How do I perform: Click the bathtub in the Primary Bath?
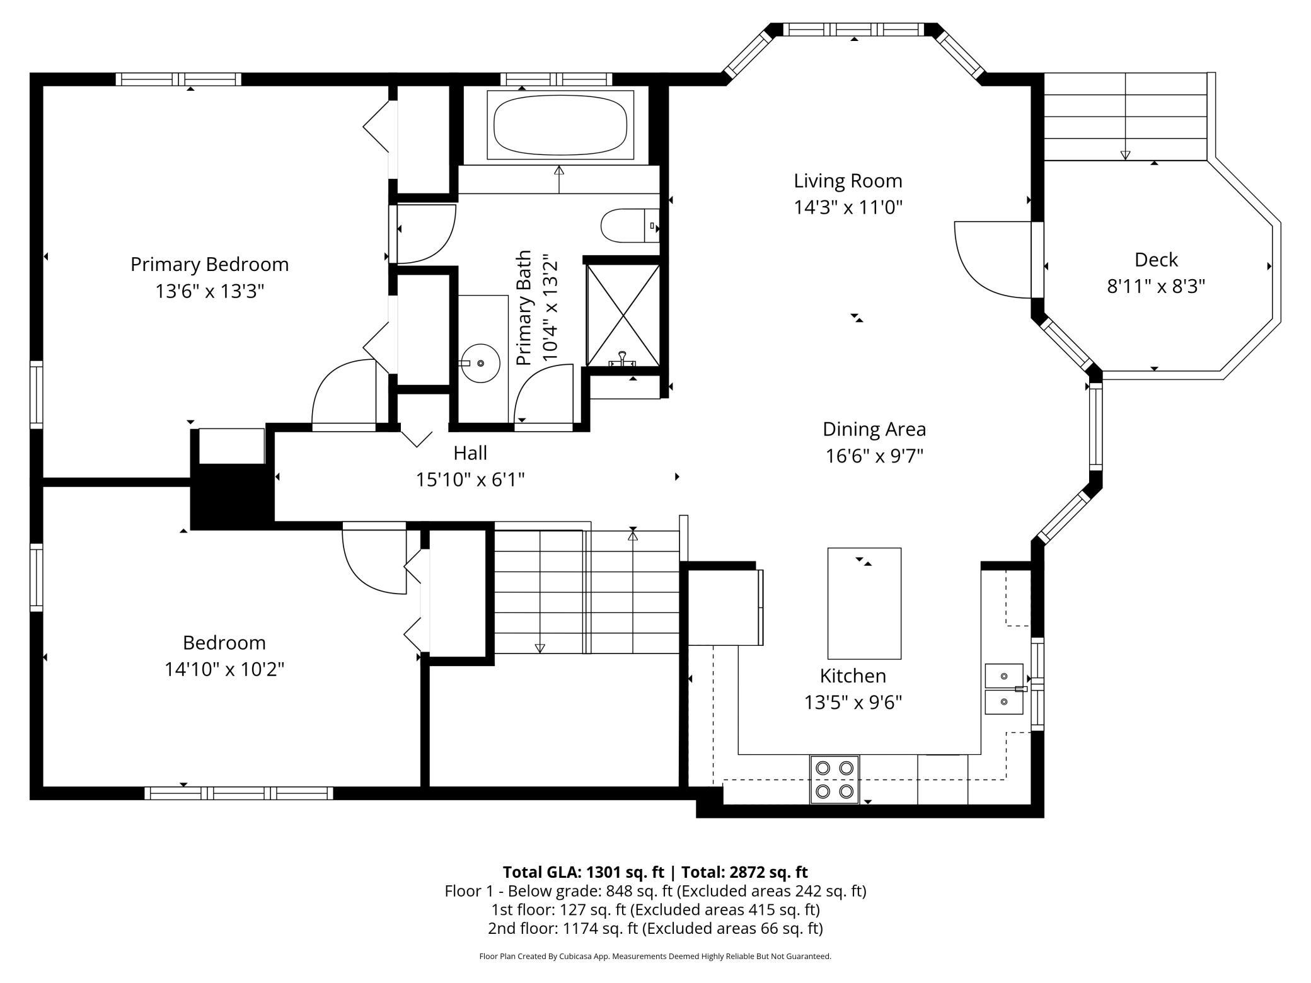(x=560, y=124)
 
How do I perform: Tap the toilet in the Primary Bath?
(x=630, y=225)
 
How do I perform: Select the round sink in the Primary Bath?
(x=480, y=364)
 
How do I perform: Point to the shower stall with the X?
(x=623, y=315)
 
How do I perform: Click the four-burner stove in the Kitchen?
(x=835, y=779)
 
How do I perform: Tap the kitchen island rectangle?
(x=864, y=603)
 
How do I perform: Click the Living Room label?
(x=848, y=181)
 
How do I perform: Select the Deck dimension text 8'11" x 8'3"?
(x=1156, y=287)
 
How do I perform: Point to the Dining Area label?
(x=874, y=429)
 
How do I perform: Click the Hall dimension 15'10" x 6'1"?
(x=470, y=480)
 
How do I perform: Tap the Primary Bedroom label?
(x=210, y=265)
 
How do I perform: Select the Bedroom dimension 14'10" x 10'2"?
(x=224, y=669)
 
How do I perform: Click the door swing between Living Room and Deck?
(x=993, y=260)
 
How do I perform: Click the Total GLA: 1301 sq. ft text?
(x=583, y=872)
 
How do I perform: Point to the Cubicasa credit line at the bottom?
(x=655, y=956)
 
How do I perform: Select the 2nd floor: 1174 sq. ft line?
(x=655, y=928)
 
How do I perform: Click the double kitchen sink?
(x=1004, y=689)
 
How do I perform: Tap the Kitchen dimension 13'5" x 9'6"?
(x=853, y=702)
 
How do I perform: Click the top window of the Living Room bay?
(x=854, y=30)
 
